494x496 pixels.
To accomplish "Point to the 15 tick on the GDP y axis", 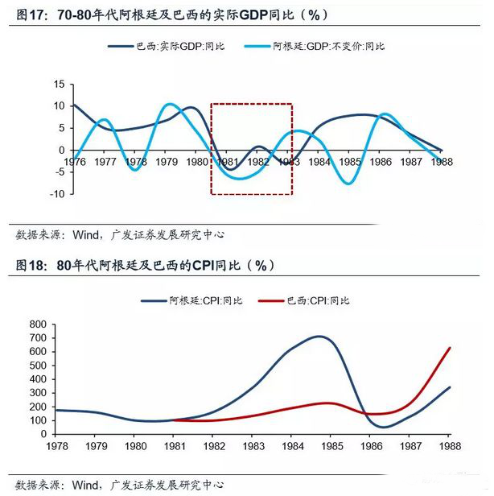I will (x=59, y=84).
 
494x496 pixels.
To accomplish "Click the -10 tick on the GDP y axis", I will (x=56, y=194).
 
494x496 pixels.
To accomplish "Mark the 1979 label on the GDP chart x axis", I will (x=167, y=162).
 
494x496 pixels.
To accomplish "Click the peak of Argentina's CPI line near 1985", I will (x=320, y=337).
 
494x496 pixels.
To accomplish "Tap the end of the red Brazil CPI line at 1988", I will (x=449, y=348).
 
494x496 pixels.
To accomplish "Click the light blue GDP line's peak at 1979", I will (x=168, y=104).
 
